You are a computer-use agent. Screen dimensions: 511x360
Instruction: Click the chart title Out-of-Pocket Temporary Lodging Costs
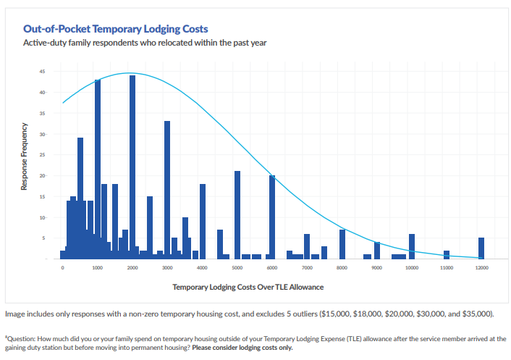115,29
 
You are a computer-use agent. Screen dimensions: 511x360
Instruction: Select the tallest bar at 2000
132,167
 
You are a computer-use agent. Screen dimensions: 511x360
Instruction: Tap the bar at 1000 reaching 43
98,169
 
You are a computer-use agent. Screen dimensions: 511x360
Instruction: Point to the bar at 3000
167,190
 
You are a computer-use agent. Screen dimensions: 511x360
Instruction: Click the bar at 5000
237,215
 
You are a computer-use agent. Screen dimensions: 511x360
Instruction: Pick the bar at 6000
272,217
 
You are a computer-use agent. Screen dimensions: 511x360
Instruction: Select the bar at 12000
481,248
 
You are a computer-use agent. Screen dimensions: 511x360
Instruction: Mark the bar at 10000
412,246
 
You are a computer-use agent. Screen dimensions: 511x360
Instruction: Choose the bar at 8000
342,244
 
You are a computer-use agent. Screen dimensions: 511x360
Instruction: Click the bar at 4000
203,222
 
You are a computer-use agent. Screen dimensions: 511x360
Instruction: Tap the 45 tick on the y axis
43,72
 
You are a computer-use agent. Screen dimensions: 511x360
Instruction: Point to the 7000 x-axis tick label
307,268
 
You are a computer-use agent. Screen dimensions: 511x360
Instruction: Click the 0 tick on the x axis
62,268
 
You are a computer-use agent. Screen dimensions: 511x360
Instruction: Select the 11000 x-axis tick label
447,268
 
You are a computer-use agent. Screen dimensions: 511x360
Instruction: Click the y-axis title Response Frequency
24,156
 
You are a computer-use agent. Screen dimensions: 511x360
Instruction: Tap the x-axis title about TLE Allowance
248,288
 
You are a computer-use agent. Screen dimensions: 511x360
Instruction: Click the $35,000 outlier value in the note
477,314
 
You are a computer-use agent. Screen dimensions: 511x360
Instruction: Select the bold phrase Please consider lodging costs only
242,348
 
